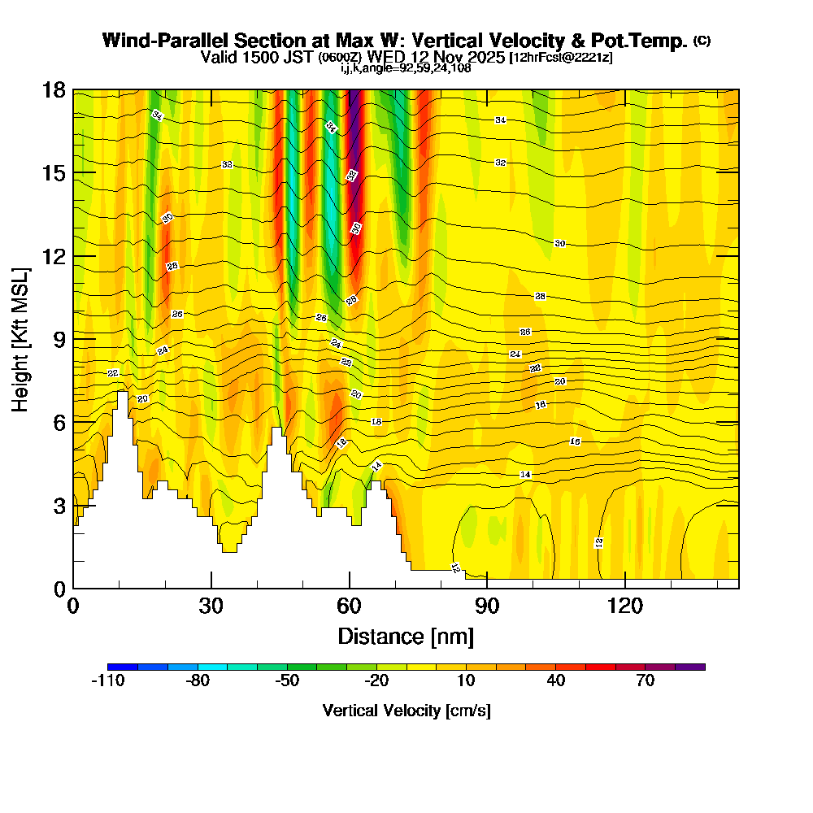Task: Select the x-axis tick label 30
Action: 211,606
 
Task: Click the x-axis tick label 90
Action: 487,606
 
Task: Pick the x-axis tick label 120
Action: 624,606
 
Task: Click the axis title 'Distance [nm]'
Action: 406,635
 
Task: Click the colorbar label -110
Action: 107,681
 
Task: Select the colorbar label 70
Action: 646,681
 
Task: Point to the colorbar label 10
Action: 467,681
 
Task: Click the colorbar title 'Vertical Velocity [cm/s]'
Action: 406,711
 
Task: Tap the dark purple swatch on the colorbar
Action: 690,667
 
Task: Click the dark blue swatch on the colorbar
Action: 122,667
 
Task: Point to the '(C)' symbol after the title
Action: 702,41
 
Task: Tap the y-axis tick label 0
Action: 58,588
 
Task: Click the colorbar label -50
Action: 287,681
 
